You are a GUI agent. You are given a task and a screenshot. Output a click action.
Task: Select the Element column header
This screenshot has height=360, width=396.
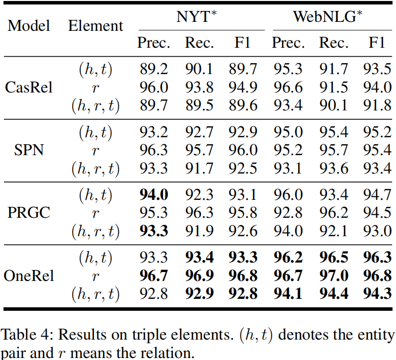[95, 26]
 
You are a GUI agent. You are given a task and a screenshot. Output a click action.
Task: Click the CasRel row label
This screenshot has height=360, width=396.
[29, 88]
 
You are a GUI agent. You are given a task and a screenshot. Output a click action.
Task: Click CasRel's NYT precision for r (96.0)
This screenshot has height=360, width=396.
[154, 88]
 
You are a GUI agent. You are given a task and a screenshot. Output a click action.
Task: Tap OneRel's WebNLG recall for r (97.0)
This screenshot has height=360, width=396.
[334, 276]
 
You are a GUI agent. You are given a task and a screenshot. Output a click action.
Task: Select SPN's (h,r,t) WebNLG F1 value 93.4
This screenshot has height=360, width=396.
[377, 169]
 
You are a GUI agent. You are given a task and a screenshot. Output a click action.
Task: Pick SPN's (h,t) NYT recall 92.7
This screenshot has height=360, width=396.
[199, 133]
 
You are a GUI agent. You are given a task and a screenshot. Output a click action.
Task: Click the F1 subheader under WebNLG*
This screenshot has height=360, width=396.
[377, 43]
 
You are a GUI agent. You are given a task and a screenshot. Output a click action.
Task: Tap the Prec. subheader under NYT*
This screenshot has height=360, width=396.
[154, 43]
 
